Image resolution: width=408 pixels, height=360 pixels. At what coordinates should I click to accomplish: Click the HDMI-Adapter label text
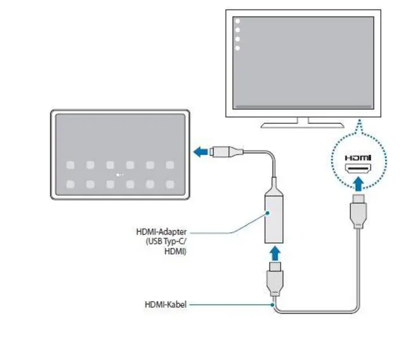point(161,232)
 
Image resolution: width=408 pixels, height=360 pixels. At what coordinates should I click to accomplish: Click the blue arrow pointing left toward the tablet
point(201,152)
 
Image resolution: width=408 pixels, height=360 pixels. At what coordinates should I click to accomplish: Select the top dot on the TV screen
point(237,22)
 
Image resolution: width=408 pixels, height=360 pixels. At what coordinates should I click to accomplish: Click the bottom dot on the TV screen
point(237,48)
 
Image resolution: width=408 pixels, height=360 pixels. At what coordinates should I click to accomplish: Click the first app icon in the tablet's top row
point(70,165)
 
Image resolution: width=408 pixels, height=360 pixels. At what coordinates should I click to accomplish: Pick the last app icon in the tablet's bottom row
point(170,184)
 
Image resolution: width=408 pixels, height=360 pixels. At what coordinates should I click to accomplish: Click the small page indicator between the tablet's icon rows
point(120,175)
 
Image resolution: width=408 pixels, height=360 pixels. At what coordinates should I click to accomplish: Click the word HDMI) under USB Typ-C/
point(176,252)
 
